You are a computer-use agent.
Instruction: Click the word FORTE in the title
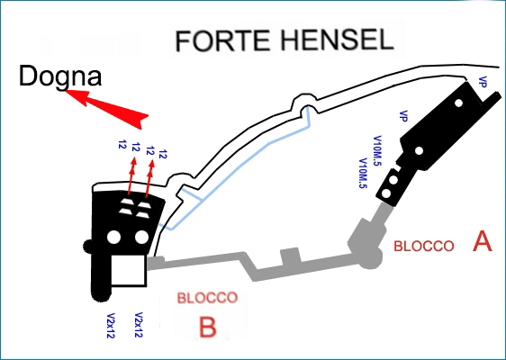pyautogui.click(x=222, y=41)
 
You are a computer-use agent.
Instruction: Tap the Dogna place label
pyautogui.click(x=60, y=76)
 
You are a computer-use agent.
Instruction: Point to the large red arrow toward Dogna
pyautogui.click(x=107, y=110)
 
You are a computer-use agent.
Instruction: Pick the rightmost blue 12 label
pyautogui.click(x=163, y=154)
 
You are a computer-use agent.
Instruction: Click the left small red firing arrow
pyautogui.click(x=132, y=175)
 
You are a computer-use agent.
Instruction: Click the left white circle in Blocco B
pyautogui.click(x=113, y=238)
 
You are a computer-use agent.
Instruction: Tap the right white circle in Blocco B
pyautogui.click(x=141, y=237)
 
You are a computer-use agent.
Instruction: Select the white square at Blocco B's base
pyautogui.click(x=129, y=270)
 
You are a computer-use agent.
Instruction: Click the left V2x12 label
pyautogui.click(x=111, y=326)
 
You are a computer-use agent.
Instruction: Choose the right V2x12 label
pyautogui.click(x=139, y=325)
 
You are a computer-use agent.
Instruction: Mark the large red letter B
pyautogui.click(x=207, y=327)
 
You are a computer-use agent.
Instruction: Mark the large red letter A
pyautogui.click(x=483, y=241)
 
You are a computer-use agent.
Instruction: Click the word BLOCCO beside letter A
pyautogui.click(x=424, y=246)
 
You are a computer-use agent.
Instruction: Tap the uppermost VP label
pyautogui.click(x=483, y=82)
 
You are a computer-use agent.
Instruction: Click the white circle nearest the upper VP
pyautogui.click(x=458, y=103)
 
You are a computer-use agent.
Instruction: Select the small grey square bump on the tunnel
pyautogui.click(x=290, y=256)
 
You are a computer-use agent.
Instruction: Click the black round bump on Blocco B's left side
pyautogui.click(x=87, y=247)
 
